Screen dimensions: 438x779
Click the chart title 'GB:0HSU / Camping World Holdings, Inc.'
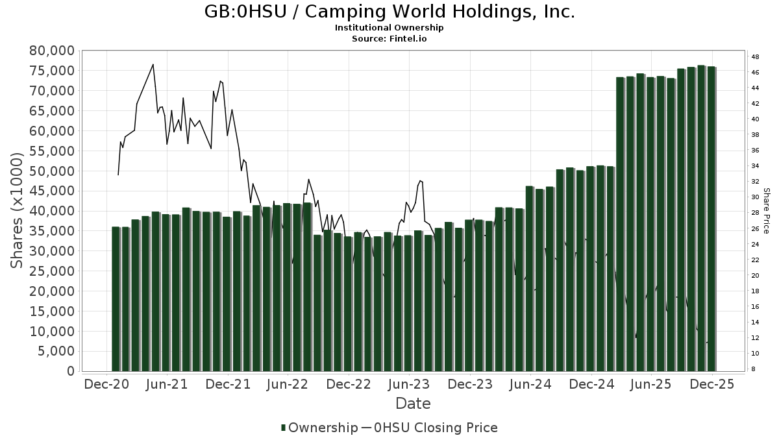pos(389,12)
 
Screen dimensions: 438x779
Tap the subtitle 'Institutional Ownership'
pos(389,28)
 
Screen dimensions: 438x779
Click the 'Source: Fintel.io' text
pos(389,38)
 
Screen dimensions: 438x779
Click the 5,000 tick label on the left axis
pos(56,351)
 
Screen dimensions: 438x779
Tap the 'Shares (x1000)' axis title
pos(17,210)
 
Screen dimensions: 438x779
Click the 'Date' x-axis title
pos(413,404)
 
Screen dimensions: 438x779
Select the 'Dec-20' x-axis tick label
pos(106,384)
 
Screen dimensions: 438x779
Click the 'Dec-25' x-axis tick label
pos(712,384)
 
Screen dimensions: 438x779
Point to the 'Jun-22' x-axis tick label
pos(288,384)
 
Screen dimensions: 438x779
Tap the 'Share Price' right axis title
pos(766,210)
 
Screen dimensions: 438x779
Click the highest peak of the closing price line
pos(153,64)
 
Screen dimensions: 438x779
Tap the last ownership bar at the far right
pos(711,218)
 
